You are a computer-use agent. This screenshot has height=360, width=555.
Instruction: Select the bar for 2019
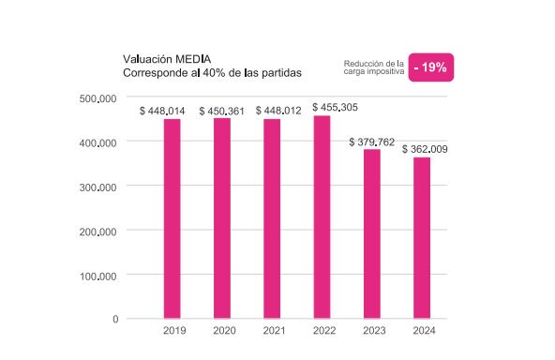pos(172,218)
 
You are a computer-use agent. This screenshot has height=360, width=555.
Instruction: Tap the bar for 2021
pos(272,218)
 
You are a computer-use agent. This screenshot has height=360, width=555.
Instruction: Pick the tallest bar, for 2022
pos(322,217)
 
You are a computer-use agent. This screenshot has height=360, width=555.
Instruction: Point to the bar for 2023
pos(372,233)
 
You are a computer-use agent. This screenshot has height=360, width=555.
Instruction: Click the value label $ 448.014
pos(162,111)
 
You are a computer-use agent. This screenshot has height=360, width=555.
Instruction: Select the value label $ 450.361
pos(221,111)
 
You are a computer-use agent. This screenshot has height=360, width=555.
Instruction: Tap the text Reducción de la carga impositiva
pos(373,67)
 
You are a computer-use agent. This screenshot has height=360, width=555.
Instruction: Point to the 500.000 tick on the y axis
pos(97,97)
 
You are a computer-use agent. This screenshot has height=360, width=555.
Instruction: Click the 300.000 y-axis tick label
pos(97,187)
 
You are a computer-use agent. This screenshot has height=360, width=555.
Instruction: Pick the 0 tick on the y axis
pos(115,320)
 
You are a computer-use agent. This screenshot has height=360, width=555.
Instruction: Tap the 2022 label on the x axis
pos(322,331)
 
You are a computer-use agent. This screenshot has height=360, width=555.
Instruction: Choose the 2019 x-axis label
pos(173,331)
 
